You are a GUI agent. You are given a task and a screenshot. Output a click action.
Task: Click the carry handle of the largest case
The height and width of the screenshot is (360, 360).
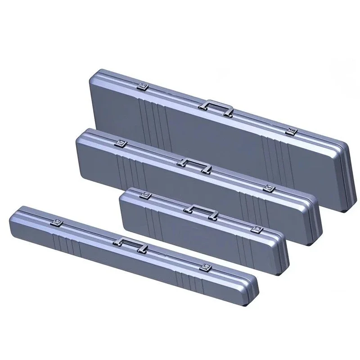coord(216,107)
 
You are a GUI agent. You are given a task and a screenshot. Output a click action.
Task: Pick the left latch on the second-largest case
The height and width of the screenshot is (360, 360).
coord(120,143)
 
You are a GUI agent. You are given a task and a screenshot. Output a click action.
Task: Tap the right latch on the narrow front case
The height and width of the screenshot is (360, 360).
coord(207,268)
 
